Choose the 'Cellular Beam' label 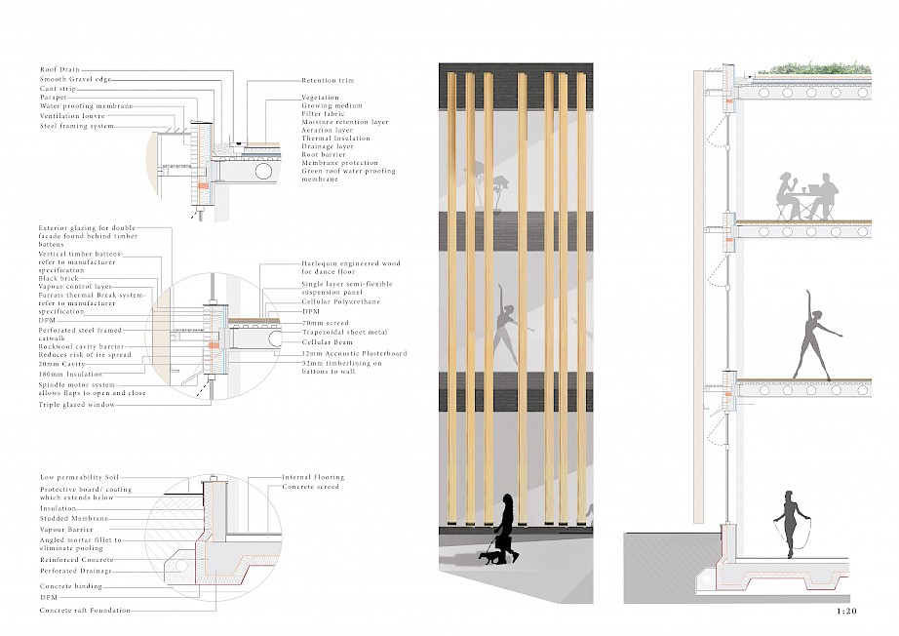(325, 342)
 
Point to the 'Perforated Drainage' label (77, 571)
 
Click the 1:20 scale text (846, 612)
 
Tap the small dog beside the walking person (486, 558)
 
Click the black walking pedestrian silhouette (507, 527)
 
